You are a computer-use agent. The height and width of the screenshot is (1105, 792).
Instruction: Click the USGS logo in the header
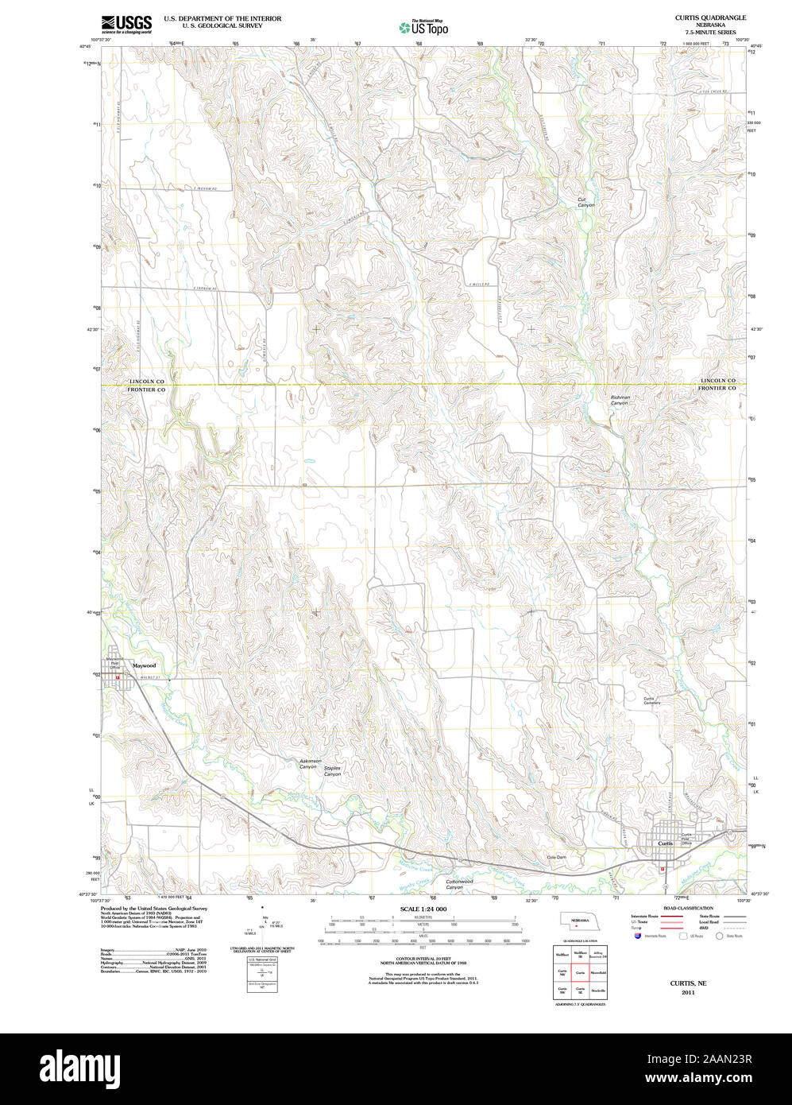[x=126, y=25]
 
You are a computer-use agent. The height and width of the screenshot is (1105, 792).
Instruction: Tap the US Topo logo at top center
[x=423, y=27]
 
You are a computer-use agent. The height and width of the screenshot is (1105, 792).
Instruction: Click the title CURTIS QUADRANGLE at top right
[x=699, y=17]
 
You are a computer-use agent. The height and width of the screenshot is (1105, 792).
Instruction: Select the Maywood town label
[x=145, y=665]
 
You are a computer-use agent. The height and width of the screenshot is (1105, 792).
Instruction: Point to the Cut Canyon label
[x=586, y=203]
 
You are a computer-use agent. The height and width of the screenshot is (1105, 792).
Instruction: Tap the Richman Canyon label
[x=620, y=401]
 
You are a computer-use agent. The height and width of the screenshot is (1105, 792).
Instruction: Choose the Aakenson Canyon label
[x=310, y=764]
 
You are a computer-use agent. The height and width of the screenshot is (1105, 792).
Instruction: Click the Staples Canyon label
[x=332, y=771]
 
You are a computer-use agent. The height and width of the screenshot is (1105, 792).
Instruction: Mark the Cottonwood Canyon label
[x=458, y=883]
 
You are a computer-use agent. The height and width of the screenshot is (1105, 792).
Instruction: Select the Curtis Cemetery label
[x=651, y=700]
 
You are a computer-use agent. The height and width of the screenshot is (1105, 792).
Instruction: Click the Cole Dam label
[x=556, y=857]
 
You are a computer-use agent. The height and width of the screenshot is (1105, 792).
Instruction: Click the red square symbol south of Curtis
[x=662, y=870]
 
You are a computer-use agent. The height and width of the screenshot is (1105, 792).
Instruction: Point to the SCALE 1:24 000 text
[x=423, y=909]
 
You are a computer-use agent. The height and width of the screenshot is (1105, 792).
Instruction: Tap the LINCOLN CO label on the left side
[x=147, y=382]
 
